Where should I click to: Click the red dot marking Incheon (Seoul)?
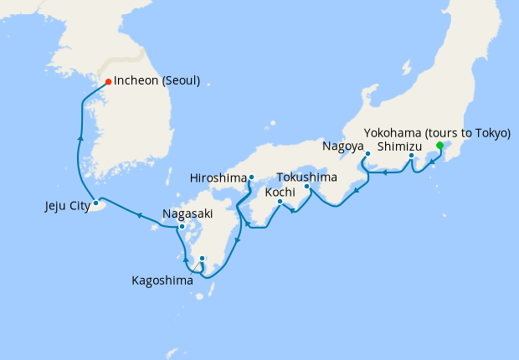(x=108, y=81)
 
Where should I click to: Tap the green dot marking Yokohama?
(x=440, y=145)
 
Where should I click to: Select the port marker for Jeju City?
(x=96, y=203)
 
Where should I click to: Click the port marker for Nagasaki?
(x=182, y=226)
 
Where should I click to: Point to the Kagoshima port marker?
(x=203, y=258)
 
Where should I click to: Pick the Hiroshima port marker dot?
(x=251, y=177)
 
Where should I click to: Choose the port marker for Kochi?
(x=280, y=201)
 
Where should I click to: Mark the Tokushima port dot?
(x=306, y=186)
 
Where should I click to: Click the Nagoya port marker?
(x=367, y=154)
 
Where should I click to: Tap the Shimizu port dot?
(x=411, y=156)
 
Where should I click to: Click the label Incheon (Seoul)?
(x=157, y=81)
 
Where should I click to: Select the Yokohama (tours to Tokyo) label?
(x=437, y=132)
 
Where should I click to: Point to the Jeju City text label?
(x=67, y=204)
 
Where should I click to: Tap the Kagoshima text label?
(x=162, y=280)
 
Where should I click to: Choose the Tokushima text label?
(x=306, y=177)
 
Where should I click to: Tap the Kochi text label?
(x=280, y=192)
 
